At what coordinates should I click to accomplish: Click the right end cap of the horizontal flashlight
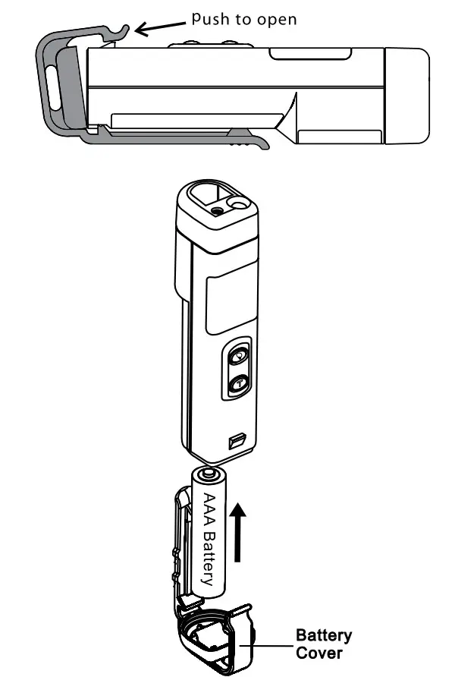(x=407, y=95)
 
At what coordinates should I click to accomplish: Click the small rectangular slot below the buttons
(x=237, y=440)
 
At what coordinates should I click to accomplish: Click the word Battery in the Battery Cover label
(x=324, y=635)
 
